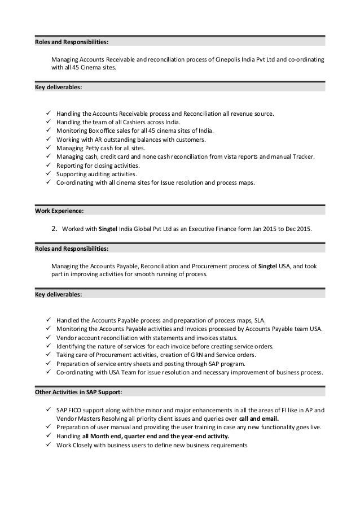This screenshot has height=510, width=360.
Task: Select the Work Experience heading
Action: (59, 211)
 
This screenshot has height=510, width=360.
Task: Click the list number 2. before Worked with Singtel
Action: (55, 229)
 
